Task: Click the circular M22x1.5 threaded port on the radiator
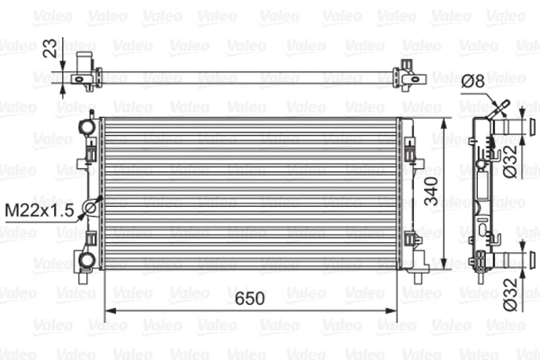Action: pyautogui.click(x=90, y=209)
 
